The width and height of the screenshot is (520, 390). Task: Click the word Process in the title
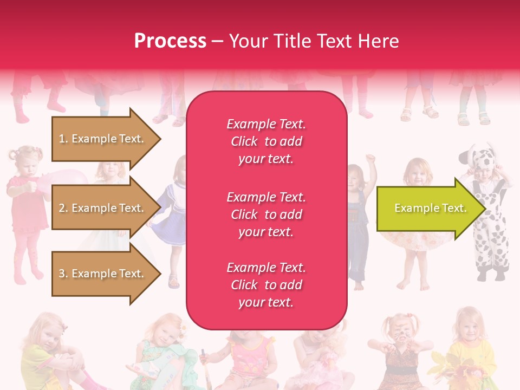[170, 41]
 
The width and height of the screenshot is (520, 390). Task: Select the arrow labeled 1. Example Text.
[101, 139]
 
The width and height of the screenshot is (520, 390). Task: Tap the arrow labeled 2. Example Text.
[101, 208]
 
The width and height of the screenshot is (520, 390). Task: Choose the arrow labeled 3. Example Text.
[101, 274]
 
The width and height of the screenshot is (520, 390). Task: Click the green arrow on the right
[425, 209]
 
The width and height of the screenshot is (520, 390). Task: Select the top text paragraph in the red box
[266, 141]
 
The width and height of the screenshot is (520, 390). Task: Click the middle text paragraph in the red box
[266, 214]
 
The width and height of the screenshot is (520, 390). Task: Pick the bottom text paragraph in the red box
[266, 285]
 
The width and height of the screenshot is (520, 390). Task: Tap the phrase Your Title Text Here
[314, 41]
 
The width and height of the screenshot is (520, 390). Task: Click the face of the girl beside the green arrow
[418, 172]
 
